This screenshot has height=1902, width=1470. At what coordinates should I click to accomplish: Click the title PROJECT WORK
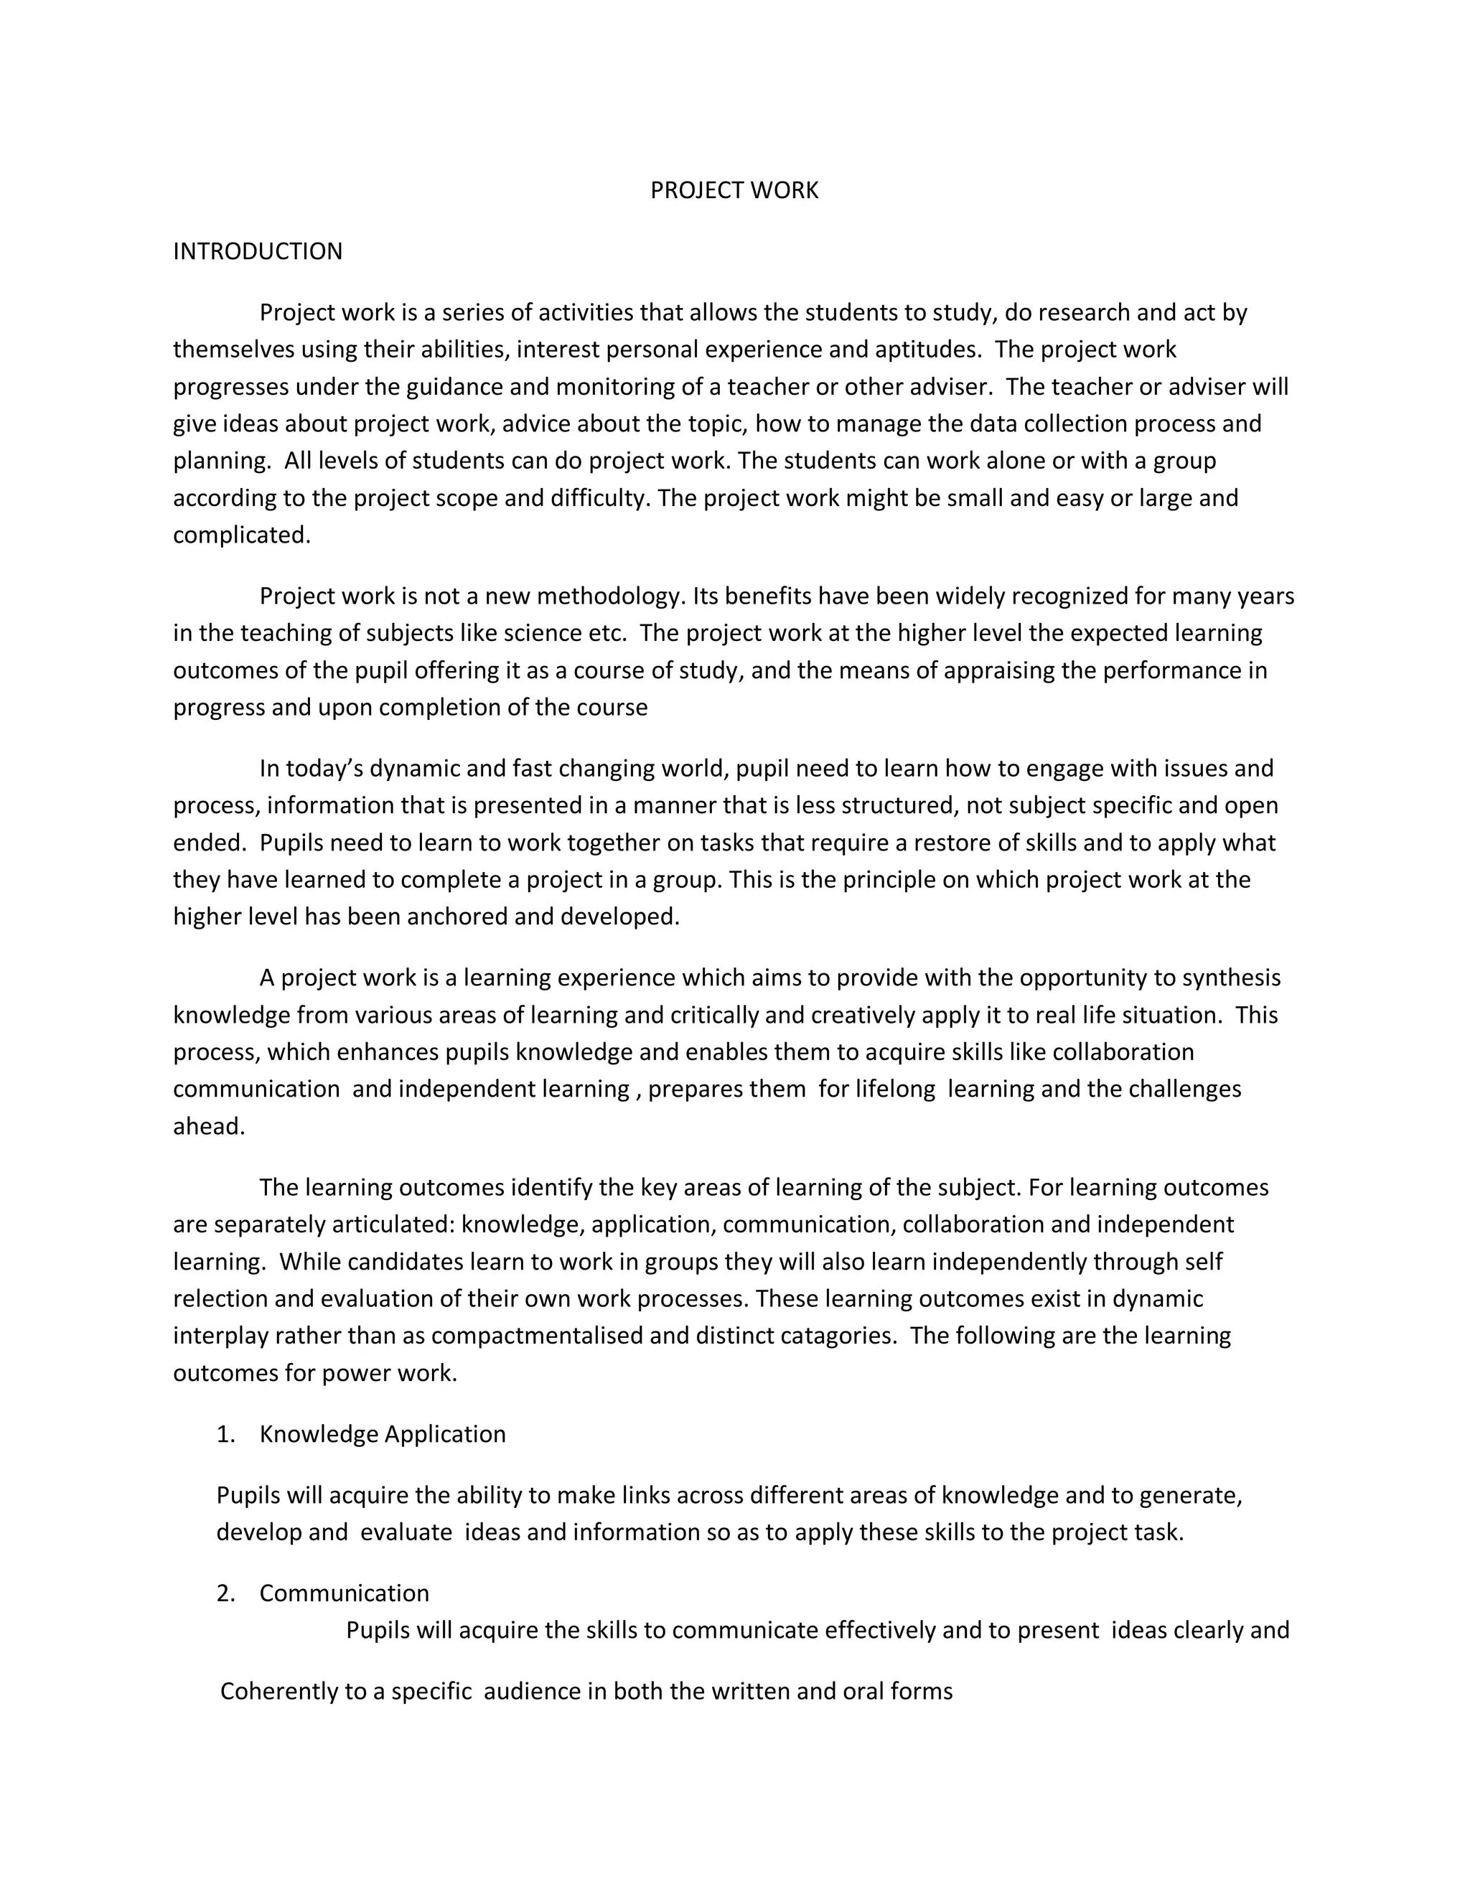734,191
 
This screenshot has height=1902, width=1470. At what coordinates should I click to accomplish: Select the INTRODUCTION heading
258,252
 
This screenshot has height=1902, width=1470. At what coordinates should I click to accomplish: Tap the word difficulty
601,498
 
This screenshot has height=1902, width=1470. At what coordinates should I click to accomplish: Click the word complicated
241,535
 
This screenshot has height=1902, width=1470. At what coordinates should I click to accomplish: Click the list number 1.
225,1434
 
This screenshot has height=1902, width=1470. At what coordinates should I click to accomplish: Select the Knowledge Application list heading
383,1434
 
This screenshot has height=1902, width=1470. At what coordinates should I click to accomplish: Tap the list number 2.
225,1593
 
